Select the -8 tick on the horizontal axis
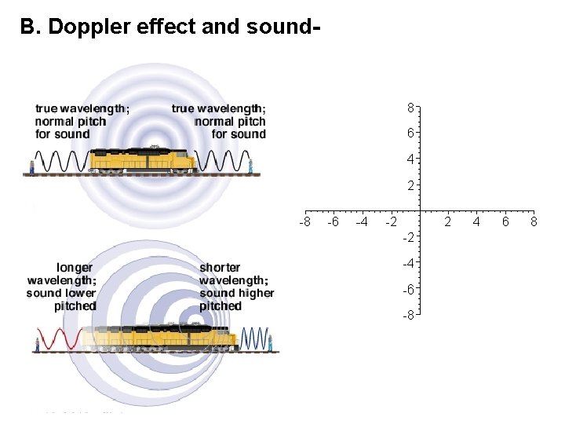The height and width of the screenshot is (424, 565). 305,222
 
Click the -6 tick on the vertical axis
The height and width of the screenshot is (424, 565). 409,289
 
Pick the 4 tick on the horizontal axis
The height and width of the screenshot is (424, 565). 476,222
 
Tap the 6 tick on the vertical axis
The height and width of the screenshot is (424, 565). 410,133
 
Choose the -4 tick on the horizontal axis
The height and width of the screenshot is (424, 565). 362,222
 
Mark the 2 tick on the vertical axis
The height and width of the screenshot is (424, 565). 410,186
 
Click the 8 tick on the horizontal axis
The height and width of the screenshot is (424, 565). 534,222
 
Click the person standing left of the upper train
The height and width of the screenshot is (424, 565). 32,166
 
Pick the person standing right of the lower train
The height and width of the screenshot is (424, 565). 270,342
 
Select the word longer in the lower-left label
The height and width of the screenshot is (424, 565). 75,268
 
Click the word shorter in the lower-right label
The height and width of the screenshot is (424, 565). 221,268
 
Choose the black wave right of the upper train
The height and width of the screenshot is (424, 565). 219,161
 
